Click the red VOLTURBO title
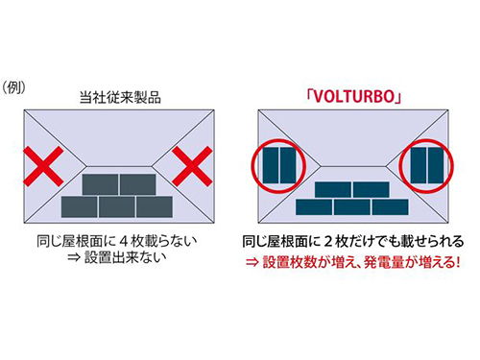tap(353, 96)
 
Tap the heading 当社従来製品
tap(120, 97)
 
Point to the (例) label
tap(13, 87)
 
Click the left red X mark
tap(43, 166)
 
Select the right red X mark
tap(192, 166)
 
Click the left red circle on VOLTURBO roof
tap(278, 166)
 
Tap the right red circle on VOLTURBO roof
tap(426, 166)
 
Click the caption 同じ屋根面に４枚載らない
tap(117, 241)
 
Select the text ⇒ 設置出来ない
tap(117, 257)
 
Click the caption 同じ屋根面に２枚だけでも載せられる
tap(353, 241)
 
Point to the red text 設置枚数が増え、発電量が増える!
tap(361, 262)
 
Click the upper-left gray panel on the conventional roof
tap(100, 184)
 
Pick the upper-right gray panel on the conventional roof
tap(138, 184)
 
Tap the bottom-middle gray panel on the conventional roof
tap(117, 207)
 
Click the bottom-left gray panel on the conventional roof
tap(79, 207)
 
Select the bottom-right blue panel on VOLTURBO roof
tap(390, 207)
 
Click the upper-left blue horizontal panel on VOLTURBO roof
tap(333, 190)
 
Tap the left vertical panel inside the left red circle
tap(271, 165)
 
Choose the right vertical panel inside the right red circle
tap(436, 165)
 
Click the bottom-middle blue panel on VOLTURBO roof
tap(352, 207)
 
